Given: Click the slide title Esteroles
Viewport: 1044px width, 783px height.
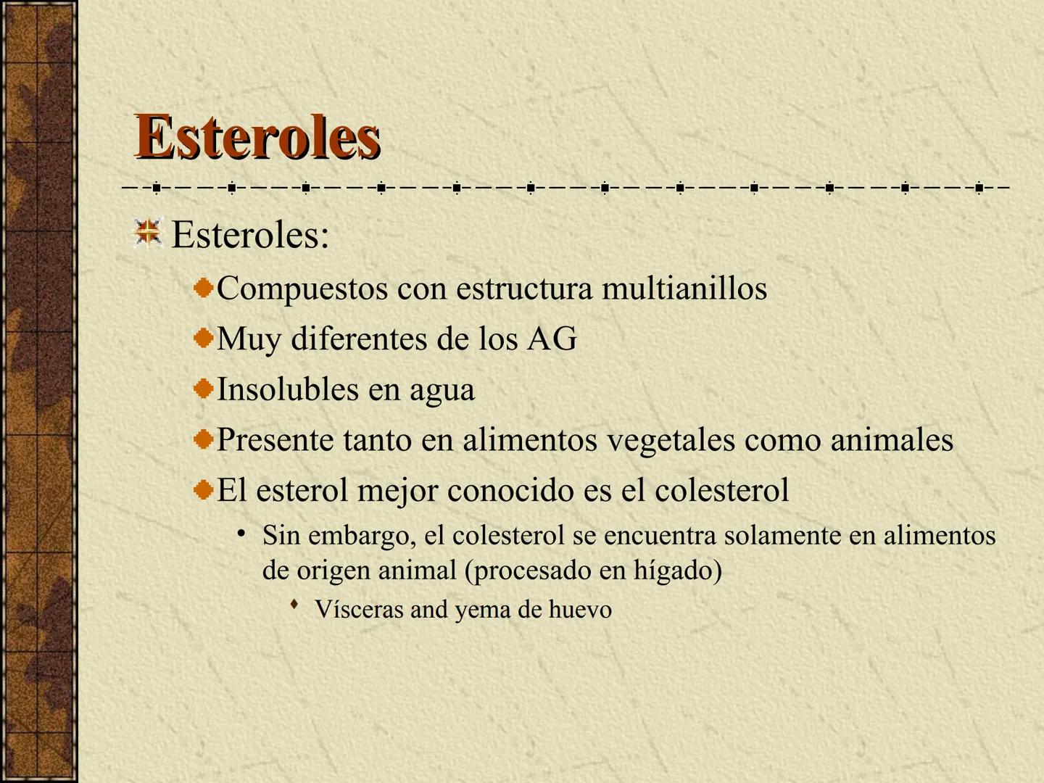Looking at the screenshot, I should (x=257, y=136).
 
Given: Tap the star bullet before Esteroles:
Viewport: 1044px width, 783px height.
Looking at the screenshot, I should (x=148, y=233).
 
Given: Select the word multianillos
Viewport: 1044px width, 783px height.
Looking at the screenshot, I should (x=684, y=289).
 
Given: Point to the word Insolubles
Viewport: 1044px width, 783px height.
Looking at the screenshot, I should (x=287, y=389).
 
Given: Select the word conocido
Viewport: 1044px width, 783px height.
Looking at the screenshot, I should (x=504, y=491).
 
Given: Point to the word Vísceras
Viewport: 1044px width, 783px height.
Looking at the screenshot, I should (x=359, y=609).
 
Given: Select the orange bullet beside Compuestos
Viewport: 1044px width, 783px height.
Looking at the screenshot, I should (x=204, y=288).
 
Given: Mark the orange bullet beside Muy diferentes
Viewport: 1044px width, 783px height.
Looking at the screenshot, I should (x=204, y=338).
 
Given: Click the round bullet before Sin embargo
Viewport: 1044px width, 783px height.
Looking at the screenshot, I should (x=241, y=534).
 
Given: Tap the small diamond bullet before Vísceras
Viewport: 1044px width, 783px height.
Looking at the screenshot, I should (x=294, y=604).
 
